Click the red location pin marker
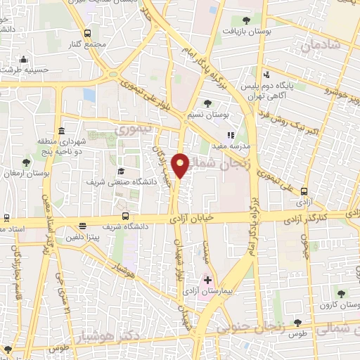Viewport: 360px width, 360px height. (x=181, y=165)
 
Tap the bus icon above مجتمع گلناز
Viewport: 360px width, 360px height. (x=88, y=33)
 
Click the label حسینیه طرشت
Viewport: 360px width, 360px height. (x=22, y=70)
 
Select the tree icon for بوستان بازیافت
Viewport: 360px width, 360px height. (x=246, y=20)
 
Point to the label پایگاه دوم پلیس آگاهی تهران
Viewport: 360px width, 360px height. (x=281, y=90)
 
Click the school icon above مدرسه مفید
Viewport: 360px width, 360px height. (x=230, y=134)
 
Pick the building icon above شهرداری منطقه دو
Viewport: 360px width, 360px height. (x=62, y=131)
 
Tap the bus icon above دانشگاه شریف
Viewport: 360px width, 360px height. (x=125, y=216)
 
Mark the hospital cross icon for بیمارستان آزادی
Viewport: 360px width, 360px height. (x=207, y=280)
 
